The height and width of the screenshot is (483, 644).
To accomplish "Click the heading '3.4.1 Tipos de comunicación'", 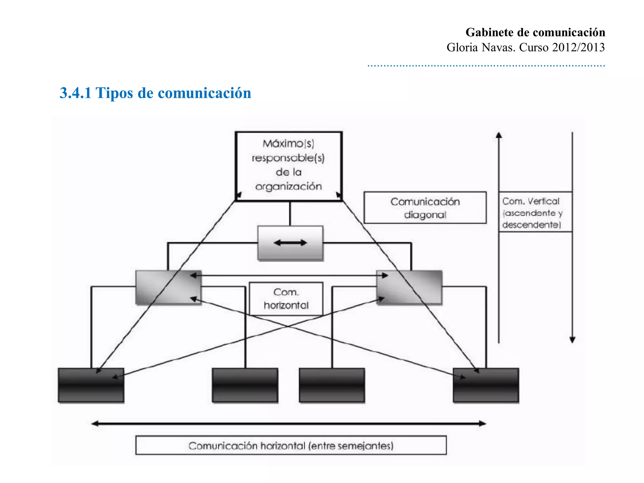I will tap(155, 93).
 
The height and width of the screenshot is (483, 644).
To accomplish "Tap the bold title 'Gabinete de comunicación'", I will tap(535, 32).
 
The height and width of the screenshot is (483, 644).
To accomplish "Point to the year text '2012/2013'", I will tap(578, 47).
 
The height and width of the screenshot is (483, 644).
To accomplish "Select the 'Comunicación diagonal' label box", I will tap(425, 208).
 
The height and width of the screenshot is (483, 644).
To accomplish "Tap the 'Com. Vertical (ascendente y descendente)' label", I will tap(535, 212).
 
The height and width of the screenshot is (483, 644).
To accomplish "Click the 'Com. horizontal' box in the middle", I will tap(286, 298).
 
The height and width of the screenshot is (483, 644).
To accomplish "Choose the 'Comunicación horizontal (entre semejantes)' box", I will tap(291, 445).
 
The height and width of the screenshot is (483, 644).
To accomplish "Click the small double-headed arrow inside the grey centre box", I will tap(290, 243).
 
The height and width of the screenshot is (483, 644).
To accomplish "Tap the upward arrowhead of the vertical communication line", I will tap(499, 136).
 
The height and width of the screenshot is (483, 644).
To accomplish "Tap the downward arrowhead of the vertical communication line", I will tap(572, 340).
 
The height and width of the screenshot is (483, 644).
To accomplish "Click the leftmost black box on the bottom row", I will tap(91, 385).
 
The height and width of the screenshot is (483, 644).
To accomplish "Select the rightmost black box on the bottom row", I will tap(486, 385).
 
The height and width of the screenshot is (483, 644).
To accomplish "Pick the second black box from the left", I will tap(245, 385).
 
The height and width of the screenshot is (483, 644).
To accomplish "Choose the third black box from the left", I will tap(332, 385).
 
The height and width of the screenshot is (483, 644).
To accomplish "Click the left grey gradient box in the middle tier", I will tap(168, 287).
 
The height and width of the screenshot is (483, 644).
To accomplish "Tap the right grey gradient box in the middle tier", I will tap(409, 287).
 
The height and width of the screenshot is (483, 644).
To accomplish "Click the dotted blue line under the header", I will tap(486, 66).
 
